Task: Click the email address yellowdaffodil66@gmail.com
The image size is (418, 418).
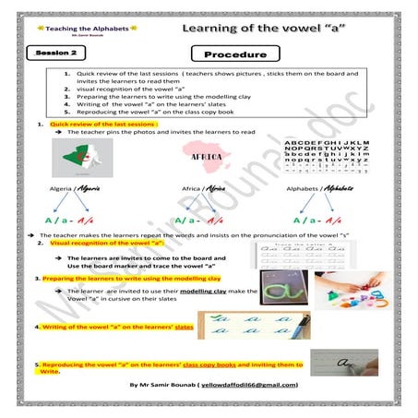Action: tap(248, 384)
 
